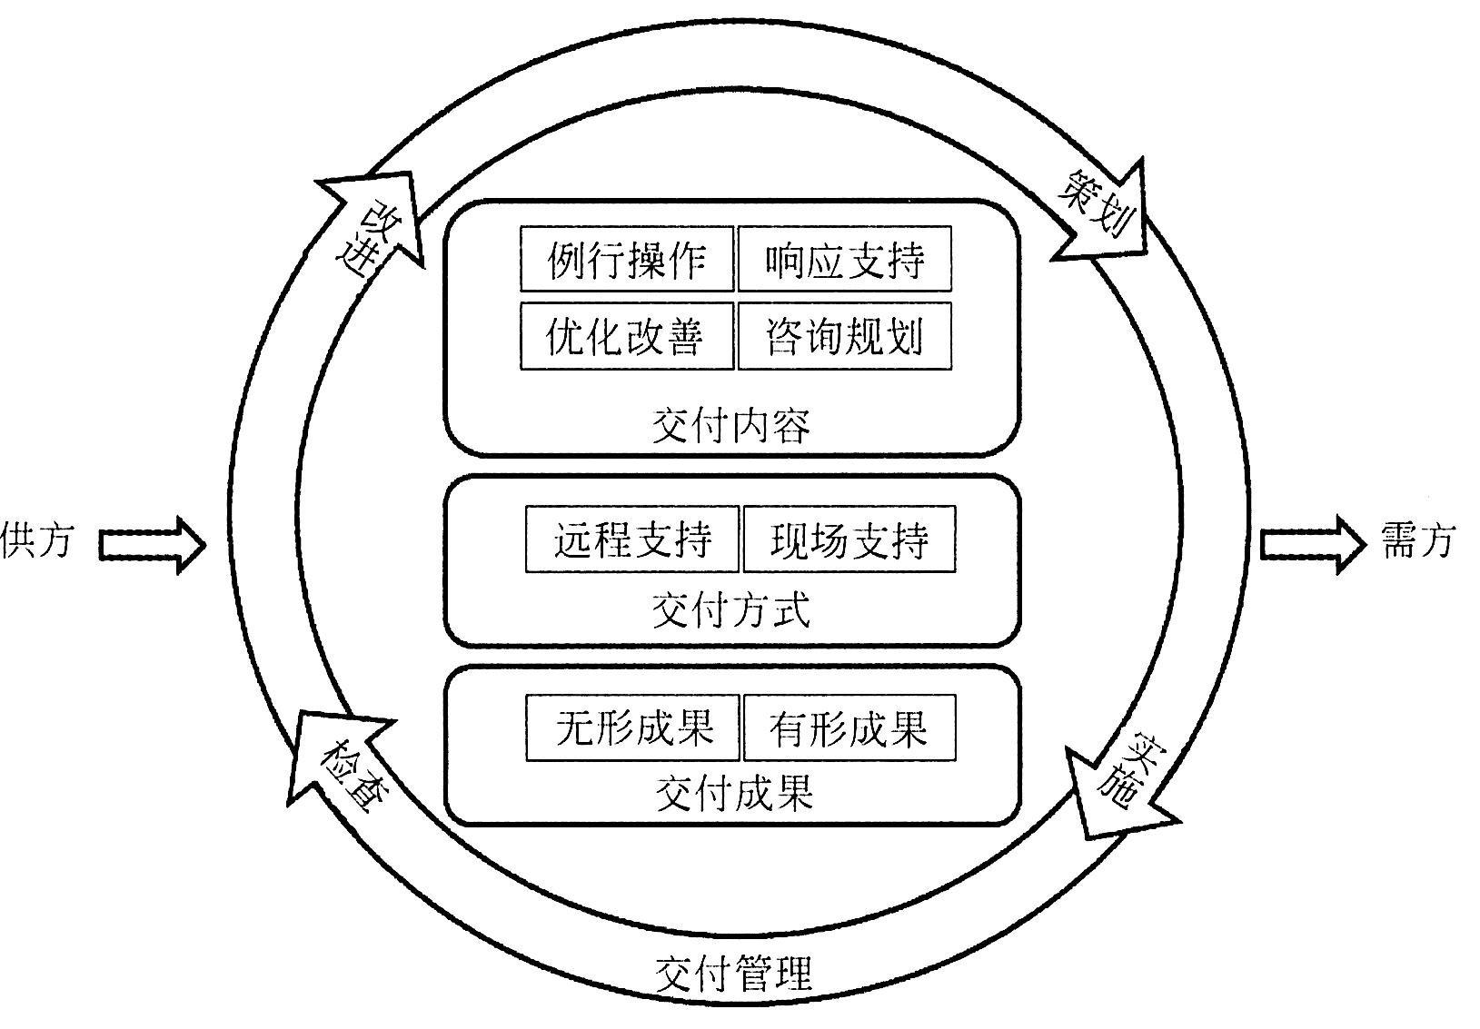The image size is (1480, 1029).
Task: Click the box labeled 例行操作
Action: [627, 260]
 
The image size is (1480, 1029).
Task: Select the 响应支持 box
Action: [844, 260]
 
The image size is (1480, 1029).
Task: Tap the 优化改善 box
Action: [627, 336]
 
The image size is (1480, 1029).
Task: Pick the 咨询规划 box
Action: [844, 336]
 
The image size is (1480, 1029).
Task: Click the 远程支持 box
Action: [632, 539]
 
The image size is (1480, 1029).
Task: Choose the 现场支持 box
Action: [849, 539]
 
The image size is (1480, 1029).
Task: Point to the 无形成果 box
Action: [632, 727]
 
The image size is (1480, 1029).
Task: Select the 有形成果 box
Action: [849, 727]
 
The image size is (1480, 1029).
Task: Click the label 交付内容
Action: [731, 425]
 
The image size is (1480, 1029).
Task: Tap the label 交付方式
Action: [731, 609]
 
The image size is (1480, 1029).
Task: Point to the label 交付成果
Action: [733, 793]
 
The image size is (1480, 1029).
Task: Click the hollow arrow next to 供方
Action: [153, 545]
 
